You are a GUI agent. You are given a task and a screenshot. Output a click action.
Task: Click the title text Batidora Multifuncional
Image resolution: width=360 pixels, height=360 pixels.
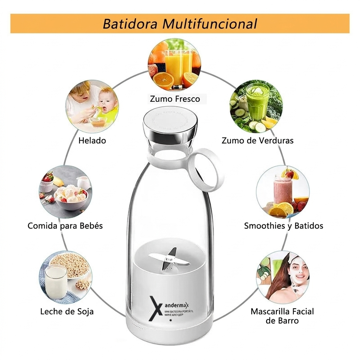pos(180,24)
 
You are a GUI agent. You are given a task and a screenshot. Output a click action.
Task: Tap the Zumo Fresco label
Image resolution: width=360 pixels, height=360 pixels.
pos(175,99)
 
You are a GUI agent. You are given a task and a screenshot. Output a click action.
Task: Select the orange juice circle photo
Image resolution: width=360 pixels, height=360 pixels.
pos(174,65)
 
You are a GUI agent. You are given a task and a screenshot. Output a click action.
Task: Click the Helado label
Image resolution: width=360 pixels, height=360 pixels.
pos(92,141)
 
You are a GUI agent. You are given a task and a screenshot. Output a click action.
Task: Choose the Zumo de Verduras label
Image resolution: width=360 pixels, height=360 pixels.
pos(257,141)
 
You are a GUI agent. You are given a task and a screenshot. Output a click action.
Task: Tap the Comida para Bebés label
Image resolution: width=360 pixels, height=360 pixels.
pos(65,225)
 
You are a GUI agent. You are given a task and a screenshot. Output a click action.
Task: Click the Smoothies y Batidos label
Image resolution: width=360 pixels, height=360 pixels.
pos(284,225)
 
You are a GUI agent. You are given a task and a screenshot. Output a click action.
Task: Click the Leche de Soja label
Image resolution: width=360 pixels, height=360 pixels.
pos(67,311)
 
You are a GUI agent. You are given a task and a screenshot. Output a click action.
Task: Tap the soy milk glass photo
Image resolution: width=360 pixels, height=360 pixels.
pos(65,277)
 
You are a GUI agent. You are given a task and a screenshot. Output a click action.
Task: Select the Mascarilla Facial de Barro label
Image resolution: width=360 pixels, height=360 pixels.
pos(282,316)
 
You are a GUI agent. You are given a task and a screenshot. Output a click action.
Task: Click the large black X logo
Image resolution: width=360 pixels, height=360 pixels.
pos(156,308)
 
